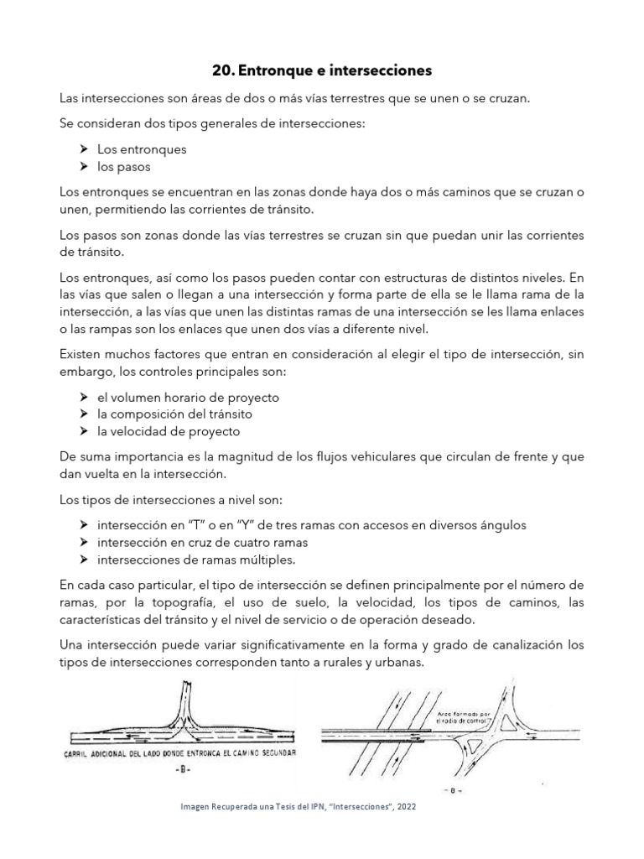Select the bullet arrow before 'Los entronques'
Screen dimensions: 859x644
click(84, 149)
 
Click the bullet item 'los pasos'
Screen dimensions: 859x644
click(123, 166)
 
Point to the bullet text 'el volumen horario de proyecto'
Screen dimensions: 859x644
click(188, 398)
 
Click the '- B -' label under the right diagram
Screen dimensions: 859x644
click(454, 790)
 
